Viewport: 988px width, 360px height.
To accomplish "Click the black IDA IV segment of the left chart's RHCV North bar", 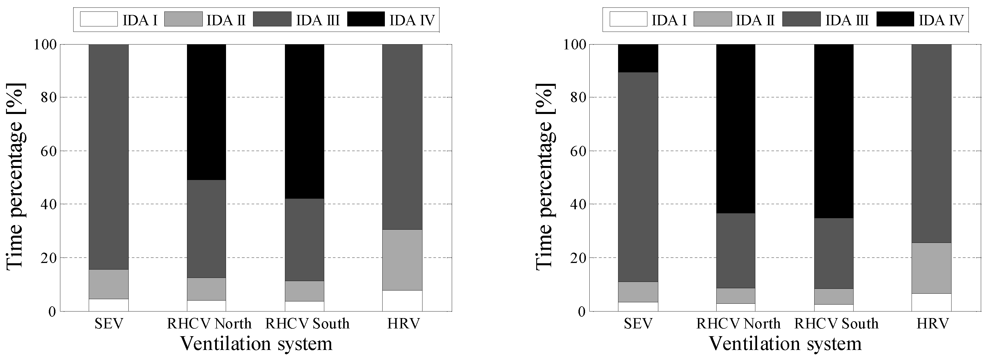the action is click(x=206, y=112).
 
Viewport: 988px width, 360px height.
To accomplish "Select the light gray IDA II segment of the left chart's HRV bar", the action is click(x=402, y=260).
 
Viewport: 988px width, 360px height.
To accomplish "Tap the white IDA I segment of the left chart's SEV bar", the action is click(x=109, y=305).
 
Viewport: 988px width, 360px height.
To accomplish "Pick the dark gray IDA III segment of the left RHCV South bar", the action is click(x=304, y=240).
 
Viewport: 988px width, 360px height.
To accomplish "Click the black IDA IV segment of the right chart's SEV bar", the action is click(x=638, y=58).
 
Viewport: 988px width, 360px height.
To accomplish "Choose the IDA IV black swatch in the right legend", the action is click(x=895, y=19).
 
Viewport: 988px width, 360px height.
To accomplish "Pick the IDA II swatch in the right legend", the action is click(x=713, y=19).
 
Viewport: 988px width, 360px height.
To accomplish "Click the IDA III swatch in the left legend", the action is click(x=272, y=19).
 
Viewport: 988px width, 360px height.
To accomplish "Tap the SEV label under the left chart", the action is click(x=109, y=324).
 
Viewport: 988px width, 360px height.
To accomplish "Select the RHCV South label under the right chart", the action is click(x=836, y=324).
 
